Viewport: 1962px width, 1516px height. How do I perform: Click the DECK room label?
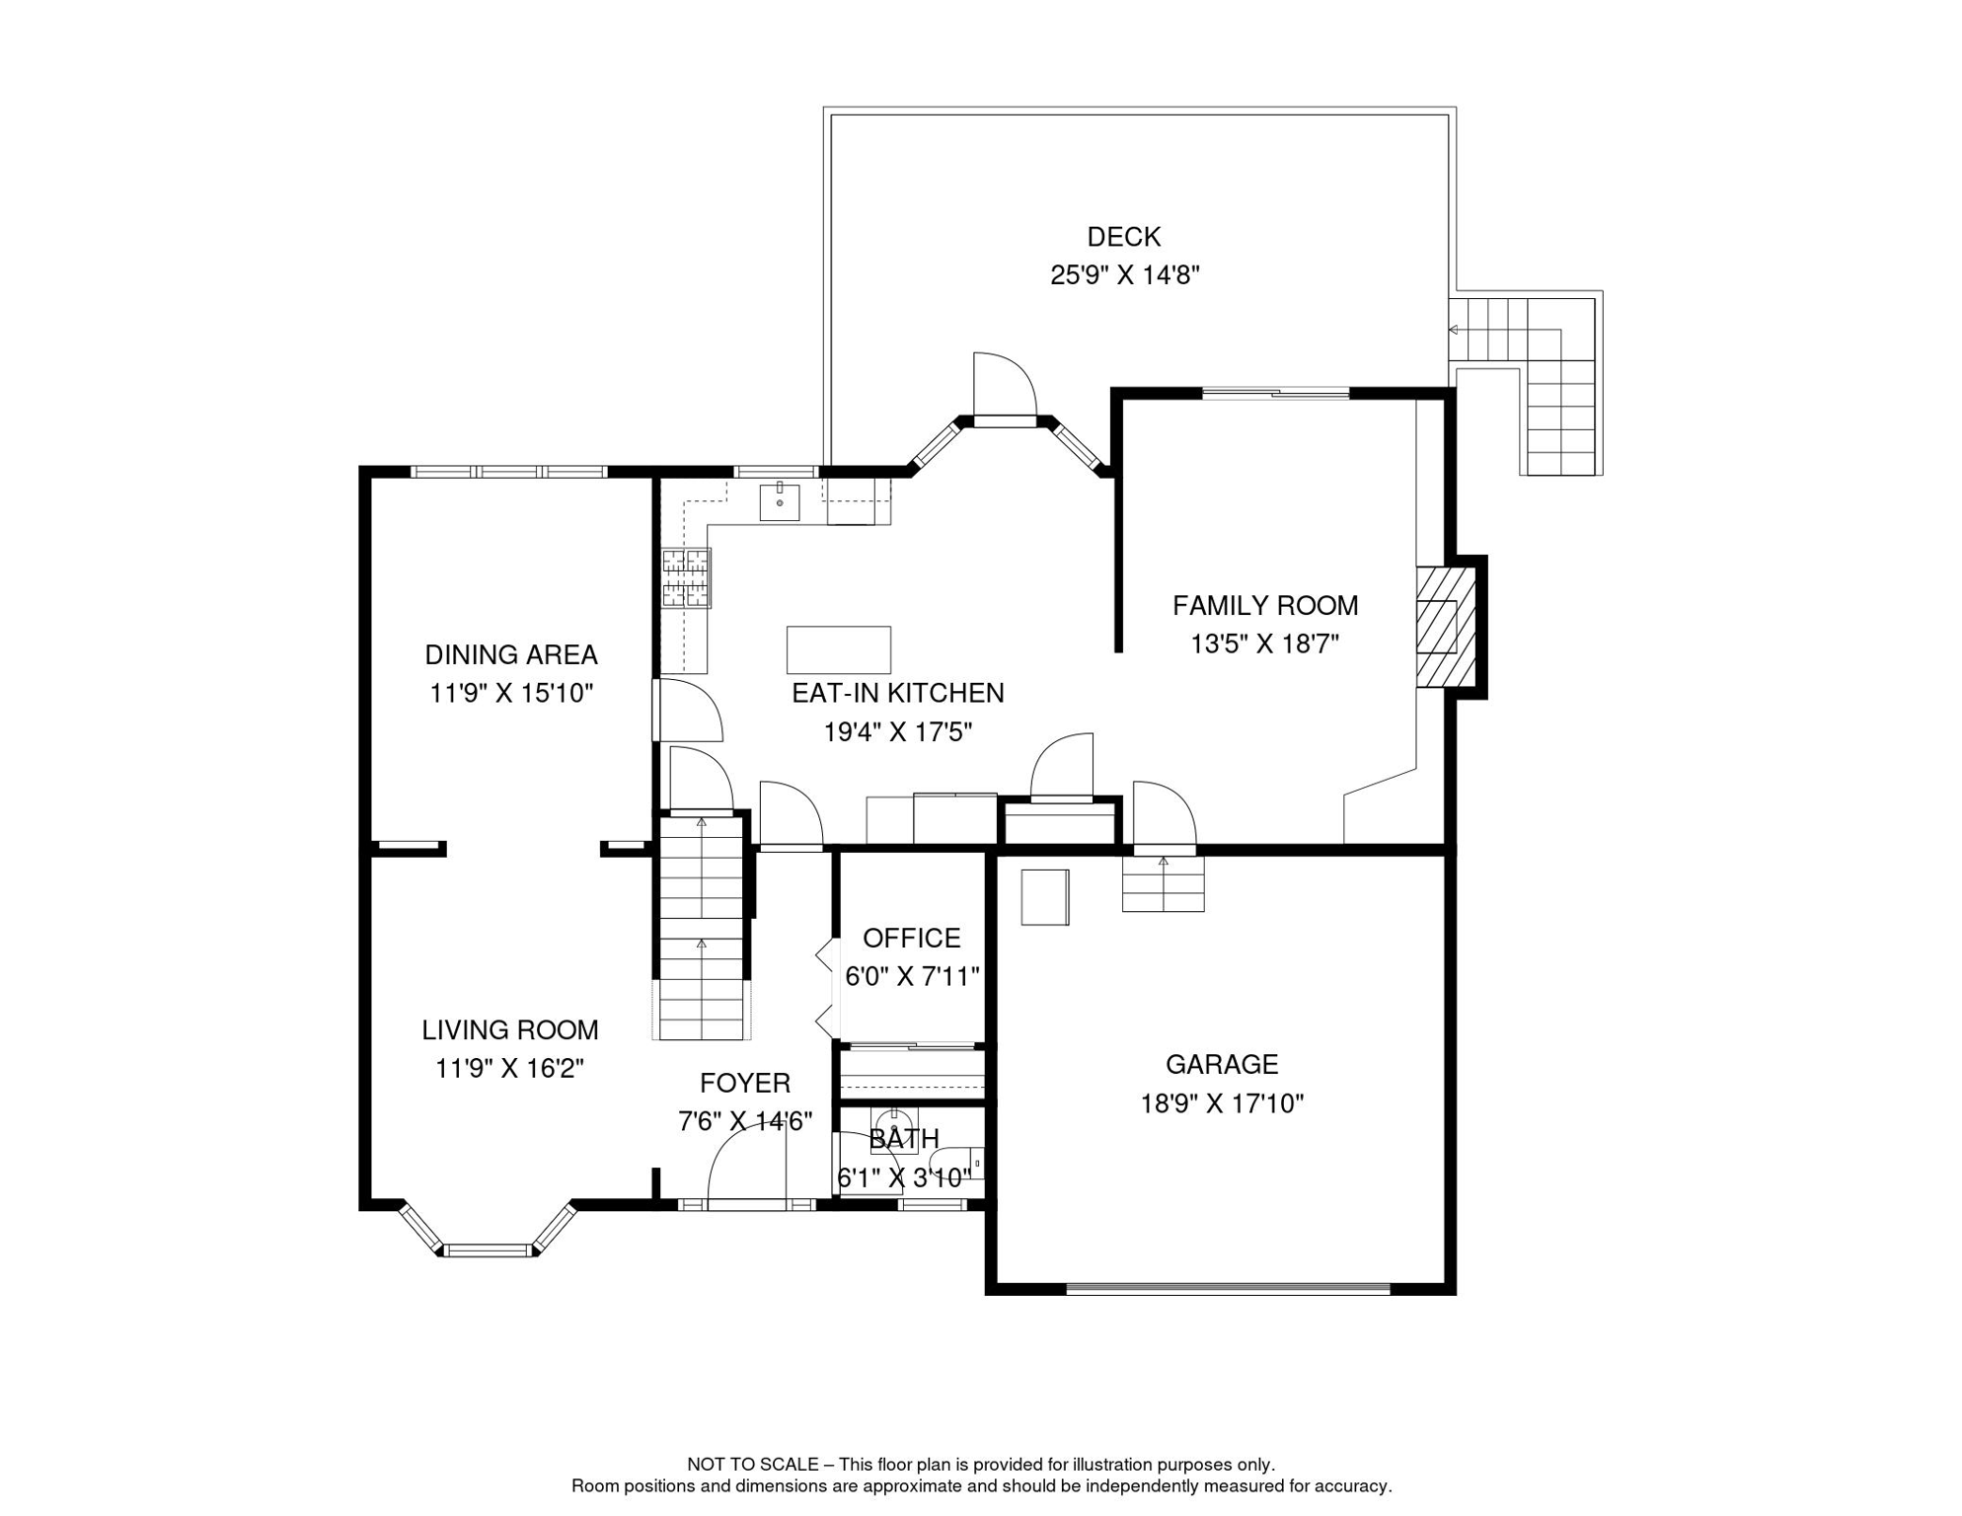tap(1124, 237)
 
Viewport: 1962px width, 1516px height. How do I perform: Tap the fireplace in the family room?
tap(1446, 627)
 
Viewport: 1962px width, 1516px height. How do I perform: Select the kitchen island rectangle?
tap(839, 649)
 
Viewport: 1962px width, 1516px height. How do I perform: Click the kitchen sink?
tap(780, 501)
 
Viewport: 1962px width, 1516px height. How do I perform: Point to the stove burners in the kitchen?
tap(686, 577)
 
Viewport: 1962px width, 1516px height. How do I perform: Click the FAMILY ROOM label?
tap(1265, 605)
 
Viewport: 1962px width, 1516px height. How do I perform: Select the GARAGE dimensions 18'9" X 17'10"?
tap(1222, 1103)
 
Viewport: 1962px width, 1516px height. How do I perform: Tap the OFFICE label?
tap(912, 938)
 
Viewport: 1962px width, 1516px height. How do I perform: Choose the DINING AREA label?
tap(511, 654)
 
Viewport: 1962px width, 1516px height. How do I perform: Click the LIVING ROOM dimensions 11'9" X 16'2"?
tap(510, 1069)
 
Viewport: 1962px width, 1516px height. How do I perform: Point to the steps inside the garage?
tap(1164, 883)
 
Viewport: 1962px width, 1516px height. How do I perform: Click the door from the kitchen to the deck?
tap(1005, 390)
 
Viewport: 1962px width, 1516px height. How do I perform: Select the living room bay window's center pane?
tap(488, 1251)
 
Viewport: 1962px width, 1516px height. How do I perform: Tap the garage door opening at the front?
tap(1229, 1288)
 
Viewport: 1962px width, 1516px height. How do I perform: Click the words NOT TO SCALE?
tap(753, 1465)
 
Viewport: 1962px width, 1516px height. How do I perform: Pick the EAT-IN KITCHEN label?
tap(898, 693)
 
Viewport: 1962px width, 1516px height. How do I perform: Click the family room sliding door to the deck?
tap(1275, 394)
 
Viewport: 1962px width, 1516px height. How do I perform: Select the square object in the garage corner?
tap(1045, 897)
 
